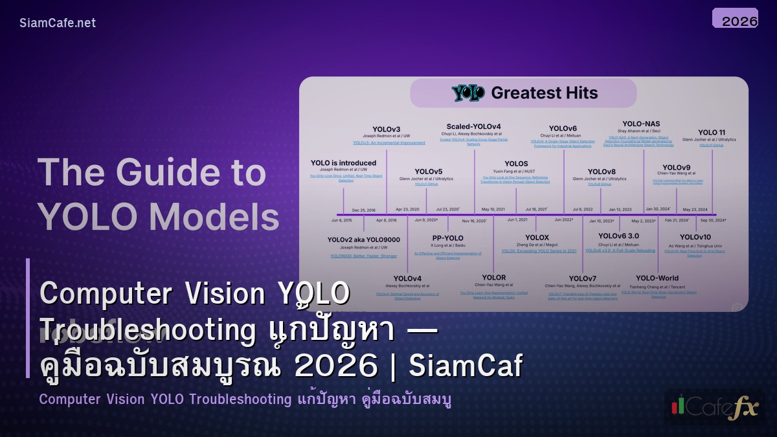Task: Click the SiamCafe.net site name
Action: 58,23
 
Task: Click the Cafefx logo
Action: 714,407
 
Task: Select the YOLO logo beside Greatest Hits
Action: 468,93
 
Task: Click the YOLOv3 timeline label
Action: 387,129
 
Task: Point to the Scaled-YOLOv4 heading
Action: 473,126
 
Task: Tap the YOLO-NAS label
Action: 641,124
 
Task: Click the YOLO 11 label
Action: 712,132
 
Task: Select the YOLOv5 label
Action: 428,172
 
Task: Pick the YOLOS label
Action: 515,164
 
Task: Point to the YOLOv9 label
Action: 676,168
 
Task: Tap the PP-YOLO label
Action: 447,238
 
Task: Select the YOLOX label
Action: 537,238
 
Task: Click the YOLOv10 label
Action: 695,237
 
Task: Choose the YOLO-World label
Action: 657,278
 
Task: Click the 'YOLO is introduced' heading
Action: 343,162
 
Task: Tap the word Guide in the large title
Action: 159,173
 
